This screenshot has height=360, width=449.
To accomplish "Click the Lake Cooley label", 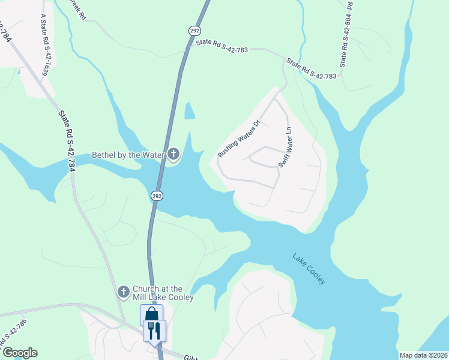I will tap(309, 269).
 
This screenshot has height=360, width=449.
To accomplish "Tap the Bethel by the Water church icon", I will tap(173, 155).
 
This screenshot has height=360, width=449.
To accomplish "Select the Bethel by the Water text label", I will tap(128, 155).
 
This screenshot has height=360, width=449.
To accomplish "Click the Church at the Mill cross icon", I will tap(123, 292).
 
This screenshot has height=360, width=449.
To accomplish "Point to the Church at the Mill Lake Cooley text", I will tap(163, 293).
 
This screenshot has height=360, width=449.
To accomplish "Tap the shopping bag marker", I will tap(151, 314).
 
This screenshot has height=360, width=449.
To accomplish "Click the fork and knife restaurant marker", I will tap(154, 330).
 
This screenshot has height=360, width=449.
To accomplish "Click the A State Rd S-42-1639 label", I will tap(44, 45).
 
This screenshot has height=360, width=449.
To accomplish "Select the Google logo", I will tap(19, 353).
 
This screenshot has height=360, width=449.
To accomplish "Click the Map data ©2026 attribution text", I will tap(423, 355).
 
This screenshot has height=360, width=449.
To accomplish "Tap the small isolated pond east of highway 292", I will tap(190, 110).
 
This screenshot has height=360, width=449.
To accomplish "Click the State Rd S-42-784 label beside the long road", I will tap(66, 140).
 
